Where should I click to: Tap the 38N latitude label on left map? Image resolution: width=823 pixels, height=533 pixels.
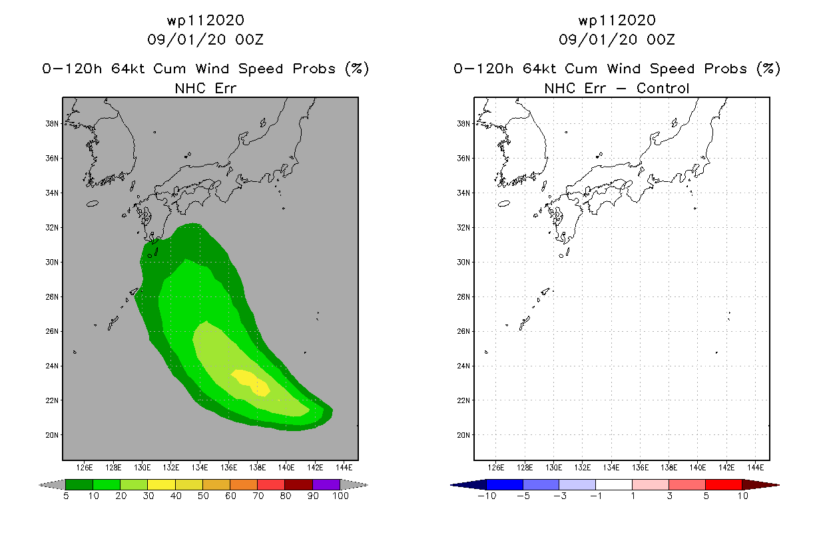coord(52,124)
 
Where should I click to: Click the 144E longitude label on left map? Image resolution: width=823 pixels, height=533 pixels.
coord(344,468)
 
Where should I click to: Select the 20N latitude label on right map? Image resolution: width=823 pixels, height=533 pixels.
coord(463,435)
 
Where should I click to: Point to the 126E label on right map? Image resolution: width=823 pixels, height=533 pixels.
coord(496,468)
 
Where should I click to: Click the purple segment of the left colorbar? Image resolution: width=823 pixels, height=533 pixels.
coord(326,484)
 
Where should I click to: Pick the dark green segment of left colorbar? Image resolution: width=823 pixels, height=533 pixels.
coord(79,484)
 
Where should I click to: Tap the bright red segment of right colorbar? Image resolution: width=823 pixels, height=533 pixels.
coord(724,484)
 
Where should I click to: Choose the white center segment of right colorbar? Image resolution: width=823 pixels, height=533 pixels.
coord(614,484)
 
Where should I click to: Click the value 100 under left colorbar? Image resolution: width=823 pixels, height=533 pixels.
coord(340,496)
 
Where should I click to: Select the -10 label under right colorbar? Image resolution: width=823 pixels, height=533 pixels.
coord(487,496)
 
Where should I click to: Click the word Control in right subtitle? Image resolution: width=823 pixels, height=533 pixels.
coord(663,88)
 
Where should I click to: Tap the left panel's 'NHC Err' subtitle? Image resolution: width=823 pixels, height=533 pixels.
coord(205,88)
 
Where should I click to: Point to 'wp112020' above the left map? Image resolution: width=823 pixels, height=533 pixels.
coord(205,20)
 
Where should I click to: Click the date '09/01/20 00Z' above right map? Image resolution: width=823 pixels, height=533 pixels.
coord(617,39)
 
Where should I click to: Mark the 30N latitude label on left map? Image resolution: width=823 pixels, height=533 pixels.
coord(52,263)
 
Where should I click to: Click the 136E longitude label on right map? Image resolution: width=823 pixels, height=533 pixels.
coord(640,468)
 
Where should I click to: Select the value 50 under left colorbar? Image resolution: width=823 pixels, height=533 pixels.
coord(203,496)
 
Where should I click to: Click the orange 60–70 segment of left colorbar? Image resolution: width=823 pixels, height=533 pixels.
coord(244,484)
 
